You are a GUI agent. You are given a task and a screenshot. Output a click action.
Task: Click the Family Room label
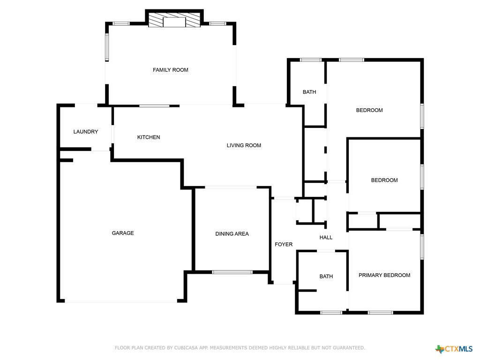click(170, 70)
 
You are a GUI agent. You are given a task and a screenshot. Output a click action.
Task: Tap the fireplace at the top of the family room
click(174, 21)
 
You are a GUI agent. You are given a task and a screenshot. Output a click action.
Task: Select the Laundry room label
click(86, 132)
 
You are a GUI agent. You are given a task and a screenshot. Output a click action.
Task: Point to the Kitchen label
click(149, 137)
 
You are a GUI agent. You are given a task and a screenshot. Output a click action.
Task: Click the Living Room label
click(244, 145)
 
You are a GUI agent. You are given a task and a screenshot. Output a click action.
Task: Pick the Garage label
click(123, 233)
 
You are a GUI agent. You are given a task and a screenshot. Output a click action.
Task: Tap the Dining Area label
click(232, 234)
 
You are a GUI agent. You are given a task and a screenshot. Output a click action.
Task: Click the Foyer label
click(284, 244)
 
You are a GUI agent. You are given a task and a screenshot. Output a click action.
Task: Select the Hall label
click(326, 238)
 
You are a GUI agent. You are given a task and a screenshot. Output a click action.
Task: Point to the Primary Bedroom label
click(384, 275)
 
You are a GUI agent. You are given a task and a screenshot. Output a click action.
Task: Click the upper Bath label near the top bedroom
click(309, 92)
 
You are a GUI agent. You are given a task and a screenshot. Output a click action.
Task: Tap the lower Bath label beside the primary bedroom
click(326, 277)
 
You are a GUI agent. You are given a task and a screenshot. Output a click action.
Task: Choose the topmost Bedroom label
click(369, 110)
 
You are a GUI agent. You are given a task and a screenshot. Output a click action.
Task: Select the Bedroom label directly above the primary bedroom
click(384, 180)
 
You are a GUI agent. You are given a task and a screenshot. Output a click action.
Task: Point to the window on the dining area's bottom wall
click(232, 272)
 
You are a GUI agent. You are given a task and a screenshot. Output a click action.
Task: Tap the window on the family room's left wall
click(107, 47)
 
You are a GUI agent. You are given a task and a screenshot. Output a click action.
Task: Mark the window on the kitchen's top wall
click(154, 106)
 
